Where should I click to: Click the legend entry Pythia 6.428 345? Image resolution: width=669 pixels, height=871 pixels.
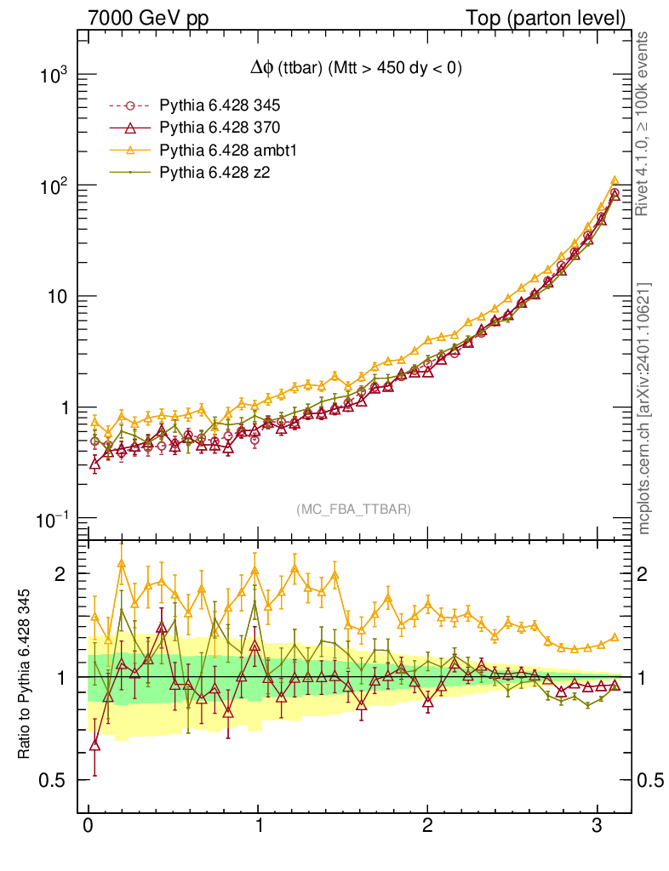[x=220, y=106]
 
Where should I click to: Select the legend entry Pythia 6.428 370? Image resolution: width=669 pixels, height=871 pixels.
[x=220, y=128]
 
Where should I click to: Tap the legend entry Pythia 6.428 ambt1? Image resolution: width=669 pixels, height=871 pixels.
[x=225, y=150]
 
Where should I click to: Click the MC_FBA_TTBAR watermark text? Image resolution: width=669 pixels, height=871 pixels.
[x=353, y=510]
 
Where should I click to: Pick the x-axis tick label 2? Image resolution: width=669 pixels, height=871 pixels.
[x=427, y=826]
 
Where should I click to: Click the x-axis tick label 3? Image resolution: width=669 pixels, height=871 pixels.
[x=598, y=826]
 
